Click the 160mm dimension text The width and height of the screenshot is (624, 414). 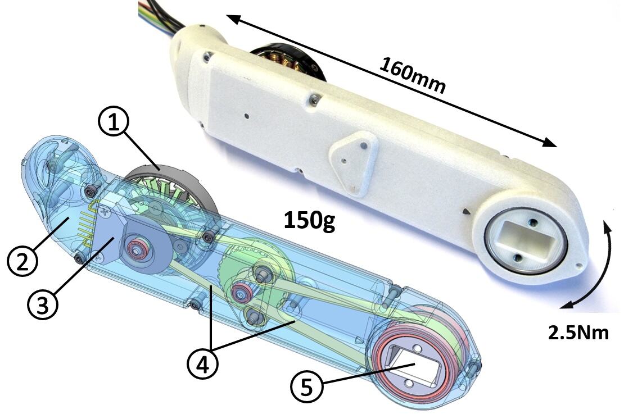click(x=413, y=75)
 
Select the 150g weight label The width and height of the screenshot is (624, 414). click(x=309, y=221)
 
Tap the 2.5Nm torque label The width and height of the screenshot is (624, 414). click(x=578, y=333)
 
